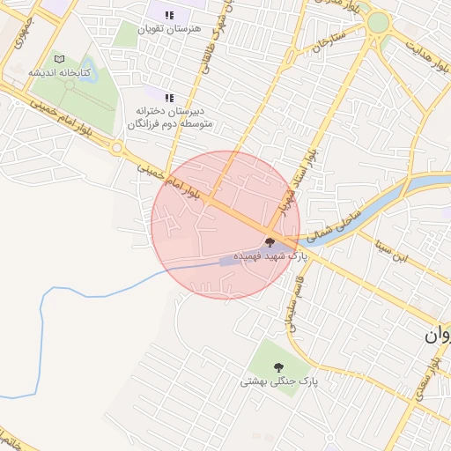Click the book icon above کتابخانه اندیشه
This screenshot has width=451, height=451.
tap(59, 58)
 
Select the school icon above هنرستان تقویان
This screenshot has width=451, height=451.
tap(169, 14)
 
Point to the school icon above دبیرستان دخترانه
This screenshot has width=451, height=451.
tap(169, 97)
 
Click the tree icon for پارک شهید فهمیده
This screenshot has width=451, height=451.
tap(270, 241)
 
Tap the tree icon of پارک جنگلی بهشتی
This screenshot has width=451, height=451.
tap(279, 366)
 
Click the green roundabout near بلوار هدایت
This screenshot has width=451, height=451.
tap(378, 22)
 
